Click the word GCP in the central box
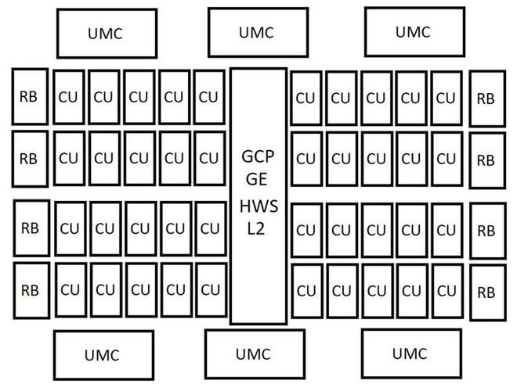(x=258, y=156)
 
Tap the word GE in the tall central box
(x=256, y=179)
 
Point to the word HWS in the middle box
(x=258, y=206)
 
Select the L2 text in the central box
(x=256, y=229)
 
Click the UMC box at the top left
(x=107, y=34)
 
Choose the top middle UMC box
(x=258, y=32)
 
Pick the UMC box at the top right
(x=415, y=31)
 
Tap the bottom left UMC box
(x=103, y=355)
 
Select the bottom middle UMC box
(x=255, y=354)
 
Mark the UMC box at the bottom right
(x=411, y=353)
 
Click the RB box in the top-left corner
(x=30, y=97)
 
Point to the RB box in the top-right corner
(x=488, y=99)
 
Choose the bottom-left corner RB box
(x=31, y=291)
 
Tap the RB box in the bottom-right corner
(x=488, y=292)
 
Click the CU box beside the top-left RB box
(x=69, y=97)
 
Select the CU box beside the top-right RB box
(x=446, y=98)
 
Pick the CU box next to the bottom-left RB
(x=70, y=290)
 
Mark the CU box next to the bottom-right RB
(x=448, y=291)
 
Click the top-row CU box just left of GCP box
(x=209, y=97)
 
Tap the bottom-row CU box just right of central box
(x=307, y=291)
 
